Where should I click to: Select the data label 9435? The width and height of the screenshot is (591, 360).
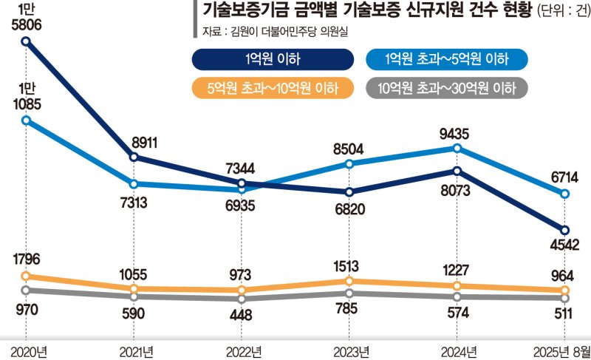[457, 134]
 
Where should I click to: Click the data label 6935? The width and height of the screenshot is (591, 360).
[242, 203]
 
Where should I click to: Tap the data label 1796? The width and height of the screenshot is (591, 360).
[25, 260]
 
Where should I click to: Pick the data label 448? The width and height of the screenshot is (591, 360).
[242, 314]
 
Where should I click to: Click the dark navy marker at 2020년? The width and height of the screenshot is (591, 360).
[26, 41]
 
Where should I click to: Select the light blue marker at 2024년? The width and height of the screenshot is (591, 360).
[457, 149]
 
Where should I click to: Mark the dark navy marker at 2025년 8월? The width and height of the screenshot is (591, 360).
[565, 230]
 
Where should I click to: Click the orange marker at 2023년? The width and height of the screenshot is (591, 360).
[349, 282]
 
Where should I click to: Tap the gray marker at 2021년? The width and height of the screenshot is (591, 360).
[134, 296]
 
